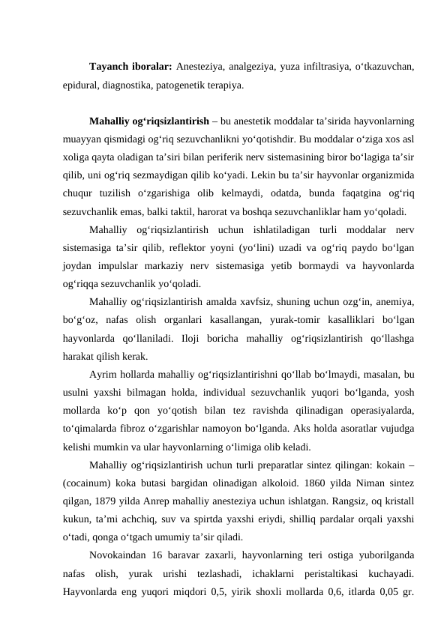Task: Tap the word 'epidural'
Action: [81, 85]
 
